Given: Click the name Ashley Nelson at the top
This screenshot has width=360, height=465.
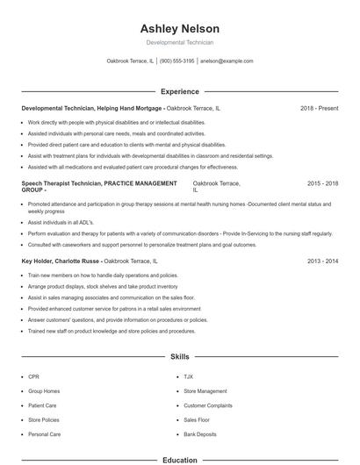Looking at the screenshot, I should (179, 28).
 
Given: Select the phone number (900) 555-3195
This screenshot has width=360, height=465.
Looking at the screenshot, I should (176, 61).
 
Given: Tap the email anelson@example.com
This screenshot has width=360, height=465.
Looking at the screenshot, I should (227, 61).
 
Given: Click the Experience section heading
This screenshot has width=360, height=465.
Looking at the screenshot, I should (179, 91).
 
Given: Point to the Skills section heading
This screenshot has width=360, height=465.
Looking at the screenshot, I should (179, 358).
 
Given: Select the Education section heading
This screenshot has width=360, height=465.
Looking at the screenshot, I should (179, 459).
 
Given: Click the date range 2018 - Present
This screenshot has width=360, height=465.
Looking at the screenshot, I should (319, 108).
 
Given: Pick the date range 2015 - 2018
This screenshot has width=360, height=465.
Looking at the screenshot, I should (322, 183).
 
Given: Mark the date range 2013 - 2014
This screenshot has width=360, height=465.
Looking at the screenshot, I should (322, 261).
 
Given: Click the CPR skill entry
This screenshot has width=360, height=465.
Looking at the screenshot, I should (34, 376).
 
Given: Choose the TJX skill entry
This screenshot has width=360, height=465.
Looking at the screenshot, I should (189, 376).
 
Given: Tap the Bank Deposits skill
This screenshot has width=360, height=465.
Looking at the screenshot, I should (198, 434).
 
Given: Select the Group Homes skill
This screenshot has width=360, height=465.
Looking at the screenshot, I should (44, 391).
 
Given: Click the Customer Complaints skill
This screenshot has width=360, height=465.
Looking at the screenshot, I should (208, 405).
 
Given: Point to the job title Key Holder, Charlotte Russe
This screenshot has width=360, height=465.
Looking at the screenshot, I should (60, 261).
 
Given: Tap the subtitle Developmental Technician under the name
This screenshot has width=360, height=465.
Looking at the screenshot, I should (179, 42).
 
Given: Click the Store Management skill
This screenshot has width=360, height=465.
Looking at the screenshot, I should (205, 391).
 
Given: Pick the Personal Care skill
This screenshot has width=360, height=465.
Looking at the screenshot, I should (44, 434).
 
